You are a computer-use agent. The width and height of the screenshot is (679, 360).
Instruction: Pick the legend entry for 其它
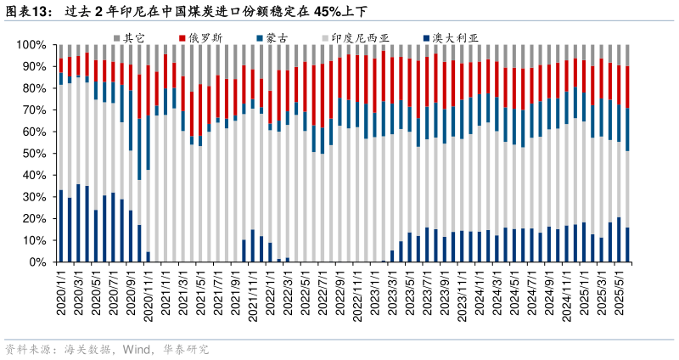coord(133,37)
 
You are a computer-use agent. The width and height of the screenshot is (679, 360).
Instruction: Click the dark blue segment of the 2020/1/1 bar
coord(60,226)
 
